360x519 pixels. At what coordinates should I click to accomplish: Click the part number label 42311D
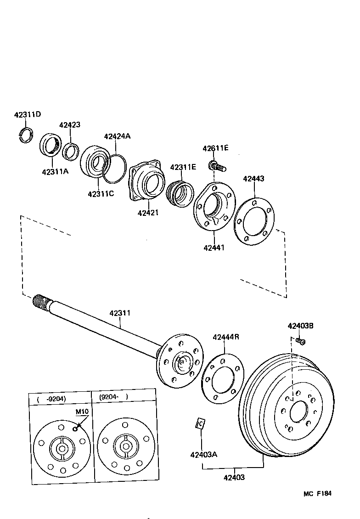click(27, 114)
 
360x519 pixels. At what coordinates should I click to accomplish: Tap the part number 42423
click(70, 125)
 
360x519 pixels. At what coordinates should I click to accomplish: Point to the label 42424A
click(117, 136)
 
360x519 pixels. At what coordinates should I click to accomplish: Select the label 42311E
click(183, 167)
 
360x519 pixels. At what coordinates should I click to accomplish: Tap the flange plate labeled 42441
click(214, 206)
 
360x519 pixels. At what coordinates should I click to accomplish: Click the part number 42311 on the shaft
click(120, 313)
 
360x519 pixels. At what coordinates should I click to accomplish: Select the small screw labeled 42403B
click(301, 341)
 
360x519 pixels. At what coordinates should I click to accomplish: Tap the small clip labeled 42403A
click(200, 423)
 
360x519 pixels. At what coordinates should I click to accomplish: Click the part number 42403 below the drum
click(234, 477)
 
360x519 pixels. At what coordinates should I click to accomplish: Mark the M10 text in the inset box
click(81, 411)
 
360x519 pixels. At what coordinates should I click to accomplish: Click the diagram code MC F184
click(317, 494)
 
